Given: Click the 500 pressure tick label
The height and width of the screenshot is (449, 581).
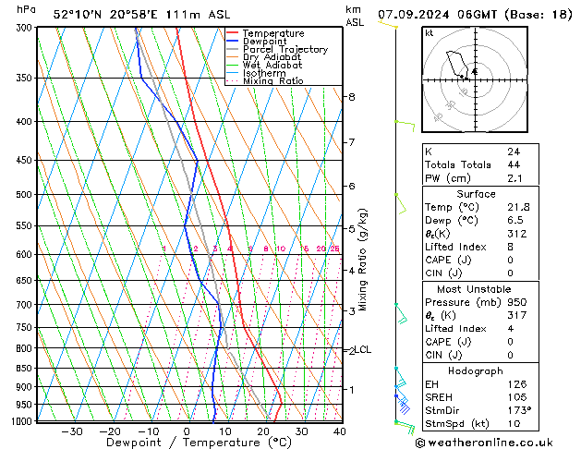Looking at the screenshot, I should pyautogui.click(x=21, y=195).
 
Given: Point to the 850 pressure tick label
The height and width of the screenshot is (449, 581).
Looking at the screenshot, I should pyautogui.click(x=21, y=368).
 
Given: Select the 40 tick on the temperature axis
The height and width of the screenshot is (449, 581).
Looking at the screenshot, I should pyautogui.click(x=340, y=431).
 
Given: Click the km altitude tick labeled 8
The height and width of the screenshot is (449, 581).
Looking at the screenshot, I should pyautogui.click(x=351, y=97).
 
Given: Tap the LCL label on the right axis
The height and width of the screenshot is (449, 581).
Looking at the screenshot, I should pyautogui.click(x=363, y=350).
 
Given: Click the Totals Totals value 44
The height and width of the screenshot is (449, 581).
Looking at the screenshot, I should pyautogui.click(x=514, y=164).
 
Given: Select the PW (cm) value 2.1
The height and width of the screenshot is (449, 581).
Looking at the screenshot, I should pyautogui.click(x=514, y=178).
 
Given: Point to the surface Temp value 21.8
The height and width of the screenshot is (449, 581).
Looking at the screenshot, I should pyautogui.click(x=517, y=208).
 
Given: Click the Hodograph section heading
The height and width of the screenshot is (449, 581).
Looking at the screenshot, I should pyautogui.click(x=476, y=370).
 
